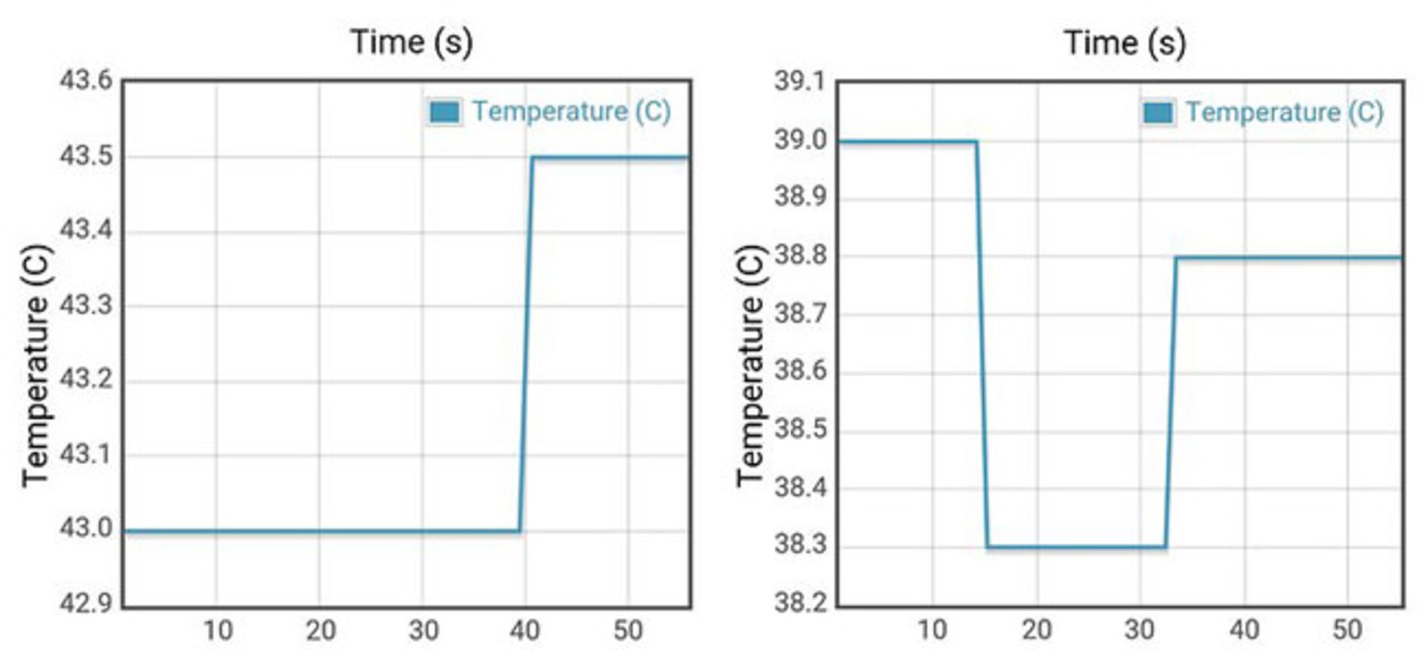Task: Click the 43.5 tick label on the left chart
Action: point(86,157)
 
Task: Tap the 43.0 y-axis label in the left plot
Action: point(86,528)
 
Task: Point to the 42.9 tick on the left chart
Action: point(86,603)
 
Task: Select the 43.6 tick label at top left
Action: point(86,80)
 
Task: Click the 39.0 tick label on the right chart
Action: point(800,140)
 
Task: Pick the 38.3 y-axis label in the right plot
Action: point(800,545)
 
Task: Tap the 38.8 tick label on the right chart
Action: point(800,256)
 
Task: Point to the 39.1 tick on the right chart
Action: point(800,81)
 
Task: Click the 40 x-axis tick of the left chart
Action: point(524,631)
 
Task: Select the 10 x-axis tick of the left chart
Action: point(218,631)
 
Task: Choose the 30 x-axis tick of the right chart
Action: point(1139,631)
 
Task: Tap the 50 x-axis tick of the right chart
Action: point(1347,631)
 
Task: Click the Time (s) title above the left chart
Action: point(411,42)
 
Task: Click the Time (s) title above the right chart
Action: point(1125,42)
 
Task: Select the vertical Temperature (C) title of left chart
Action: point(35,366)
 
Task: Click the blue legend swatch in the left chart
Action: point(444,112)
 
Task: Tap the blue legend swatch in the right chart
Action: point(1158,113)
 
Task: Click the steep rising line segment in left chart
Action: point(526,342)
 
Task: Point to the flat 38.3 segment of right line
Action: point(1076,548)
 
